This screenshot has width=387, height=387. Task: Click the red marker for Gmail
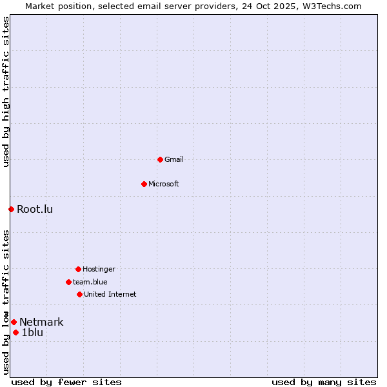160,159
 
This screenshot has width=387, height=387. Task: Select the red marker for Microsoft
144,184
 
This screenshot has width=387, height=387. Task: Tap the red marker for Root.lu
11,209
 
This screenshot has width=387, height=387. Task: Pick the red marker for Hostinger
78,269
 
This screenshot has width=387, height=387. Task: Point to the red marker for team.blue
68,282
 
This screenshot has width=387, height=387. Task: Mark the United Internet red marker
79,294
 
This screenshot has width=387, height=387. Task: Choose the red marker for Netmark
14,322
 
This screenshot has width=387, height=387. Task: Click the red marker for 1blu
15,333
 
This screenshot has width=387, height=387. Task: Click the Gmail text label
174,159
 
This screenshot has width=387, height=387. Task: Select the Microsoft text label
164,184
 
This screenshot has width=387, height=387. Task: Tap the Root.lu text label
35,209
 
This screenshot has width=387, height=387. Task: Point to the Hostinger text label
99,269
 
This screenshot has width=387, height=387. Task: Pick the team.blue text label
90,282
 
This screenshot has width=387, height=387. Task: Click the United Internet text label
110,294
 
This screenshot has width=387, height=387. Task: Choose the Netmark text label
41,322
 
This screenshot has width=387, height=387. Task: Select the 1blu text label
32,333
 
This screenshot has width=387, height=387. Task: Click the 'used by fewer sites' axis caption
66,382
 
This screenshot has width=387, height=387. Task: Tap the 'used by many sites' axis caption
324,382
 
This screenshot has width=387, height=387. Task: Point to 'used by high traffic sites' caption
6,92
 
